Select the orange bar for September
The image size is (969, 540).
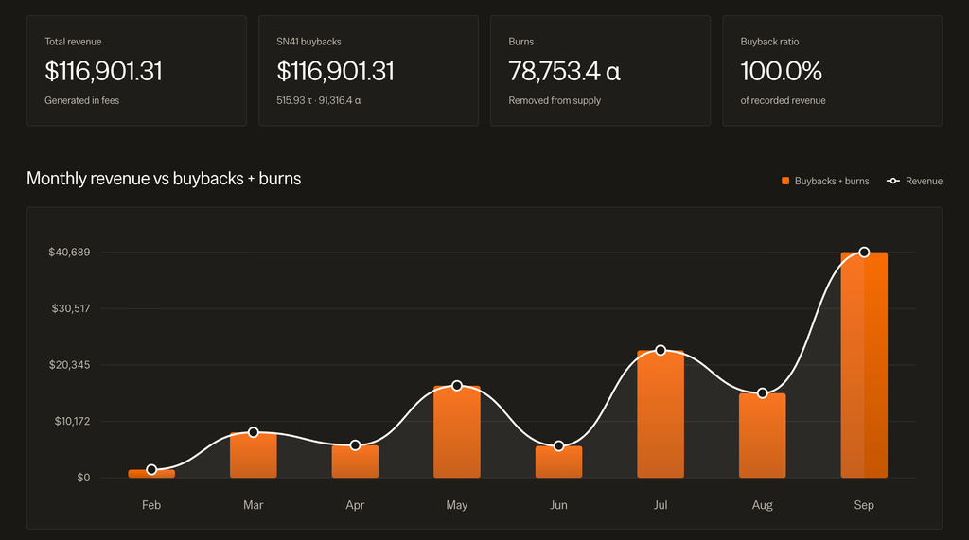point(864,364)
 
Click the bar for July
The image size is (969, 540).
point(661,414)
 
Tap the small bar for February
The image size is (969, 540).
point(151,474)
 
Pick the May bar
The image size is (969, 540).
point(457,431)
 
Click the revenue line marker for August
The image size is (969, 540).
point(763,393)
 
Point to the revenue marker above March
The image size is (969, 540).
point(254,432)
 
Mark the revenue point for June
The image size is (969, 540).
point(558,446)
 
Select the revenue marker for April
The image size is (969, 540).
point(356,445)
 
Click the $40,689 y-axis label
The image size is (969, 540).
point(69,253)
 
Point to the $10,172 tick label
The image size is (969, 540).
point(72,422)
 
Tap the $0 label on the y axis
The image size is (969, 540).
point(83,478)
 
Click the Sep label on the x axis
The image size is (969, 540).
point(864,505)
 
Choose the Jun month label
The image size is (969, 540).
point(558,505)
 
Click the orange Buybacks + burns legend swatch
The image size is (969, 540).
point(785,181)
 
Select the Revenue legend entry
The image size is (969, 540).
point(915,181)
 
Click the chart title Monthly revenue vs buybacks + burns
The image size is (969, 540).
point(164,179)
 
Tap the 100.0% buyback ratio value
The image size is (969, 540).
point(781,71)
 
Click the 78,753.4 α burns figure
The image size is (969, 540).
point(564,71)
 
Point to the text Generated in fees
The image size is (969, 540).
point(81,100)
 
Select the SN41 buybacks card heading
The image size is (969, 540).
point(308,42)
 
